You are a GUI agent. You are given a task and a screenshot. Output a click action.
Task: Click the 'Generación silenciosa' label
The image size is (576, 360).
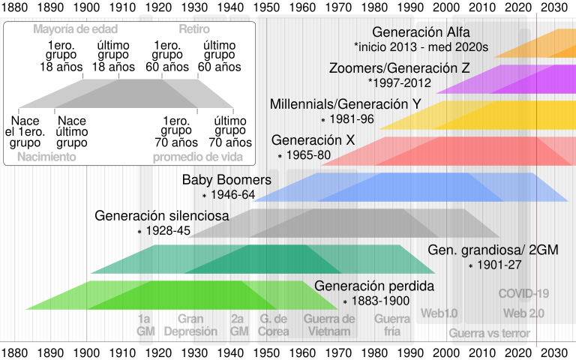pyautogui.click(x=161, y=217)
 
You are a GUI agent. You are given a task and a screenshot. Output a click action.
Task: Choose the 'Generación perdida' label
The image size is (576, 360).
pyautogui.click(x=374, y=286)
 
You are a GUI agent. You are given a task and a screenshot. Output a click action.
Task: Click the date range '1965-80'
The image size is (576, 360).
pyautogui.click(x=308, y=155)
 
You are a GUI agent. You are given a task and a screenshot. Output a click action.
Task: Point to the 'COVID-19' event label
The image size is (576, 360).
pyautogui.click(x=523, y=294)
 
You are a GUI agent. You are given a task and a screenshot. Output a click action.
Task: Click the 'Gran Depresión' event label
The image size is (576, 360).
pyautogui.click(x=190, y=325)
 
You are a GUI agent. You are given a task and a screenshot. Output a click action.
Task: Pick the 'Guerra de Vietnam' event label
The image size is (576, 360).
pyautogui.click(x=327, y=325)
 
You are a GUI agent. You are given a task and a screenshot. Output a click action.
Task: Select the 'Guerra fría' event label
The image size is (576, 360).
pyautogui.click(x=392, y=325)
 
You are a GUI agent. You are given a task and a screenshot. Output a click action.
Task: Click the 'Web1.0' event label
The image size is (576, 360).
pyautogui.click(x=439, y=313)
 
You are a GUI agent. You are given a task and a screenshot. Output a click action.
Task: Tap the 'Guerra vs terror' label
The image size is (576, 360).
pyautogui.click(x=489, y=333)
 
